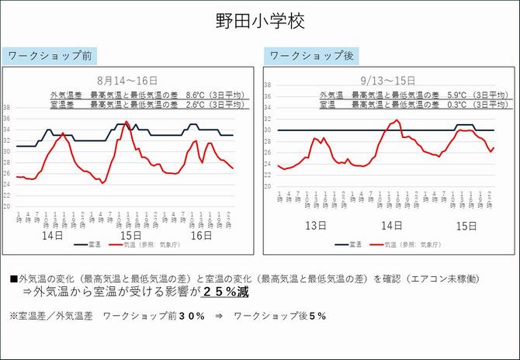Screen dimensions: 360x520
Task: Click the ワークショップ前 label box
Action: point(50,56)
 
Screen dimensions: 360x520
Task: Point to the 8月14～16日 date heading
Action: point(127,80)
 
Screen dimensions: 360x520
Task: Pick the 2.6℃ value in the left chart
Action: point(197,103)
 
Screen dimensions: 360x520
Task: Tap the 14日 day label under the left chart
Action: point(51,235)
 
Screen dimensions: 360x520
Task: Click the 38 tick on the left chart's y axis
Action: point(7,108)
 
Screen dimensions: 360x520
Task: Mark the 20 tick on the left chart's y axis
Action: point(7,207)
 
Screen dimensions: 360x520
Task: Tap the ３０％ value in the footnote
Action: point(190,316)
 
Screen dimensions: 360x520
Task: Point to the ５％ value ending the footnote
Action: point(315,316)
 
